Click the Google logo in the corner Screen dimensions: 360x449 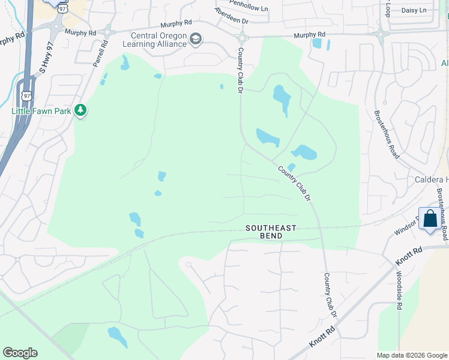[20, 353]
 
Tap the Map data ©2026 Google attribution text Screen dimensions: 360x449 [411, 355]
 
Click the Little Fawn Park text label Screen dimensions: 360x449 [41, 111]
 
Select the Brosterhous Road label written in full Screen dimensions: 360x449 [387, 134]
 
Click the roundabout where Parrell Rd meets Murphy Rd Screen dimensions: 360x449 [108, 31]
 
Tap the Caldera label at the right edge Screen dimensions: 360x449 [431, 180]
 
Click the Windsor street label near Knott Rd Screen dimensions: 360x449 [405, 230]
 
